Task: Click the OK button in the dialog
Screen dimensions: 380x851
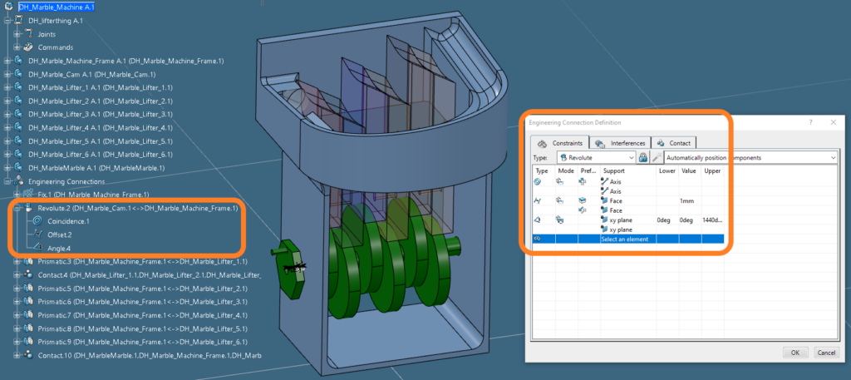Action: [794, 352]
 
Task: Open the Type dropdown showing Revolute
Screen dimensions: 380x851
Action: [596, 157]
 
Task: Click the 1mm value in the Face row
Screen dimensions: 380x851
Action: [686, 200]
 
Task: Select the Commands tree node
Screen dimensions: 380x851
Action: [56, 47]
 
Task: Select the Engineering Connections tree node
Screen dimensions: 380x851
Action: [66, 181]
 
